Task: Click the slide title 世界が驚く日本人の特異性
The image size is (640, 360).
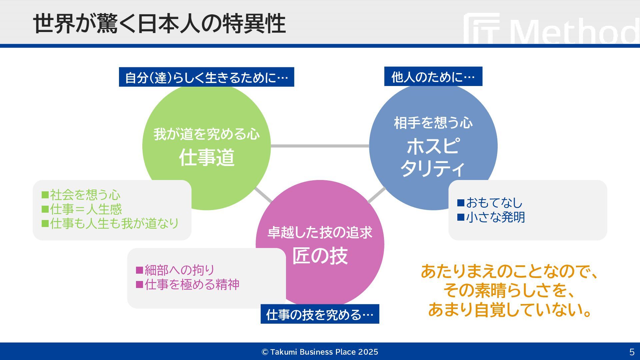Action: tap(159, 23)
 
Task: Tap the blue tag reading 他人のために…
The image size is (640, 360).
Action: tap(433, 77)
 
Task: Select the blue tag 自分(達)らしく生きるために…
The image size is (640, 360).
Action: tap(206, 77)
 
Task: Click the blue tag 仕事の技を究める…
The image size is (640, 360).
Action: tap(320, 314)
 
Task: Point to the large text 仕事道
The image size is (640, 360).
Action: tap(207, 158)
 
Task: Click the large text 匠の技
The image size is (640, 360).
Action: tap(320, 256)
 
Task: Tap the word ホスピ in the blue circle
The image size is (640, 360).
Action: tap(433, 146)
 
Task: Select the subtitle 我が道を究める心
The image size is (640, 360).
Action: tap(207, 134)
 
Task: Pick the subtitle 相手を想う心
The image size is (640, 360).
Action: tap(433, 123)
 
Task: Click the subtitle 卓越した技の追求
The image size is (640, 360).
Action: tap(320, 232)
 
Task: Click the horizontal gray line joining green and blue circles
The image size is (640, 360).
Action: tap(320, 146)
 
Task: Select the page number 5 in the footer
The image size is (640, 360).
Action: tap(632, 352)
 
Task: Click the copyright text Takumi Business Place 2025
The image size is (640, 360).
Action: tap(320, 352)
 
